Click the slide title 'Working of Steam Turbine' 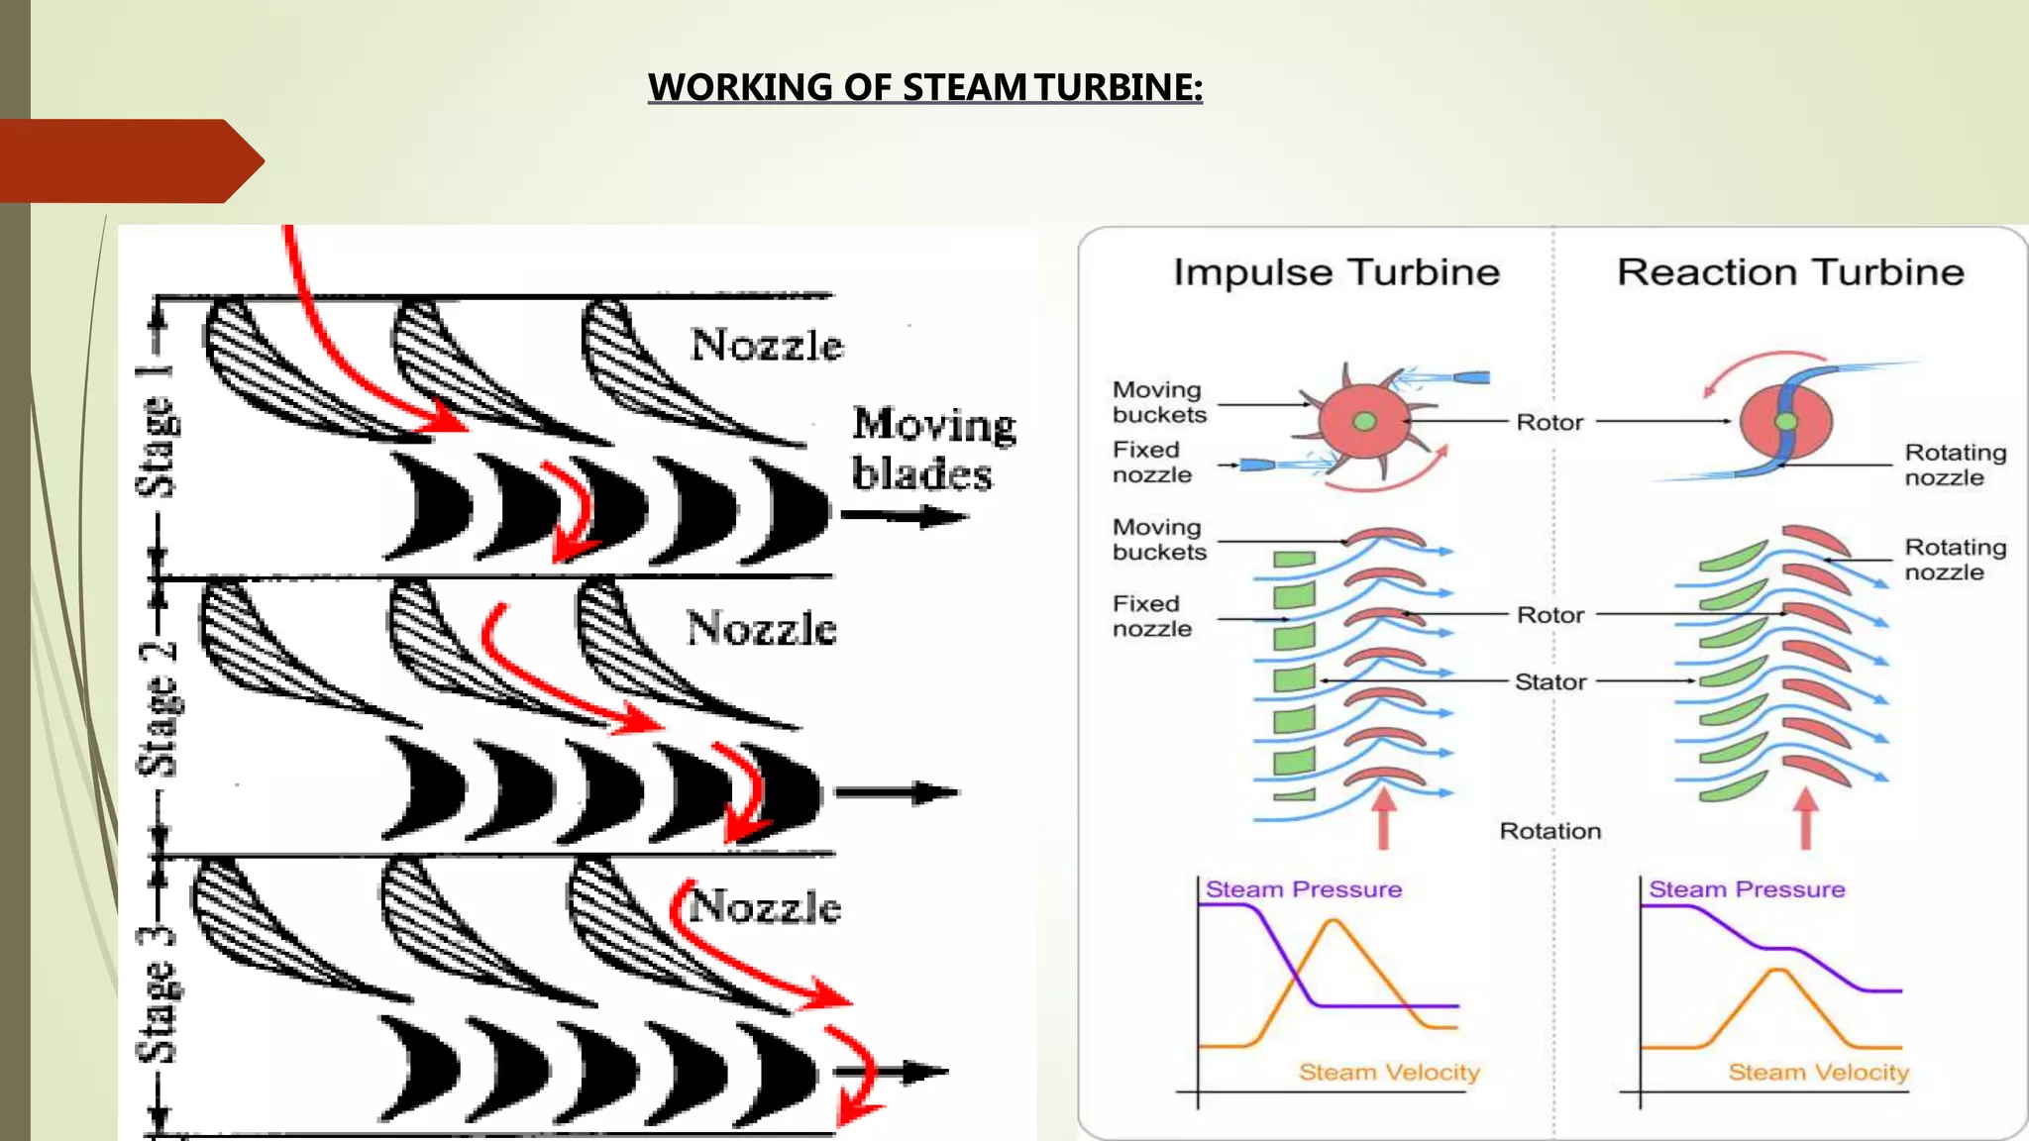coord(924,87)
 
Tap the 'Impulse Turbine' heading coord(1335,272)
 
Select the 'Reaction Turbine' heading coord(1789,272)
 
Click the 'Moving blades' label coord(932,449)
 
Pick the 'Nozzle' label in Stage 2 coord(761,629)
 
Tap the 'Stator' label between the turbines coord(1550,681)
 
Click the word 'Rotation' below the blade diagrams coord(1549,831)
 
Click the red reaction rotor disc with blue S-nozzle coord(1785,422)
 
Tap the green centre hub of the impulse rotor coord(1364,422)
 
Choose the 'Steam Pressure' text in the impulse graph coord(1303,889)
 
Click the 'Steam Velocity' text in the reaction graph coord(1818,1072)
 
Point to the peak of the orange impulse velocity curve coord(1334,921)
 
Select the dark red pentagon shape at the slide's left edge coord(129,161)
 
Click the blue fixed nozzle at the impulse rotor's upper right coord(1469,377)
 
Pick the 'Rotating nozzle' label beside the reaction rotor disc coord(1954,465)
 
